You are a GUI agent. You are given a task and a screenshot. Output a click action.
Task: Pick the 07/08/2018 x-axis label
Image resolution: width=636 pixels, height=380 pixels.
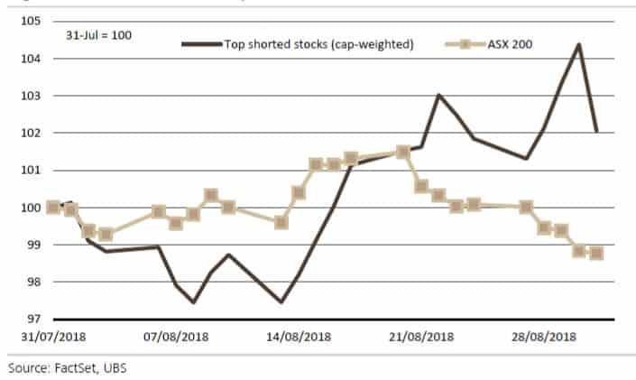click(175, 337)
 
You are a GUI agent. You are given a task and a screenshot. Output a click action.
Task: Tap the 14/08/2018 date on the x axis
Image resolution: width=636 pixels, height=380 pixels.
click(298, 337)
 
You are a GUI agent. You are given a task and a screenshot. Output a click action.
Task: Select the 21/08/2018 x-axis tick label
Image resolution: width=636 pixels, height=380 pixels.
click(419, 337)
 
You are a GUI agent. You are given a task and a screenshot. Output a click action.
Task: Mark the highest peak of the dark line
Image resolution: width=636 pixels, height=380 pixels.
click(578, 43)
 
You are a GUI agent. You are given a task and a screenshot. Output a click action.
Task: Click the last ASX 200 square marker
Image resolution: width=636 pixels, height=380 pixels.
click(596, 253)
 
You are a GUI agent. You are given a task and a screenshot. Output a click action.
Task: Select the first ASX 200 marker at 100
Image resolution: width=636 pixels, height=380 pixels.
click(53, 208)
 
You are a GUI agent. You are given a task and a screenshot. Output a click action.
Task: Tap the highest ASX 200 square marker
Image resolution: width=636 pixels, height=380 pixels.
click(403, 152)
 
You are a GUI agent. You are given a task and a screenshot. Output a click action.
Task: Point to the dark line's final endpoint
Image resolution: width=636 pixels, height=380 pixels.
click(596, 132)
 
